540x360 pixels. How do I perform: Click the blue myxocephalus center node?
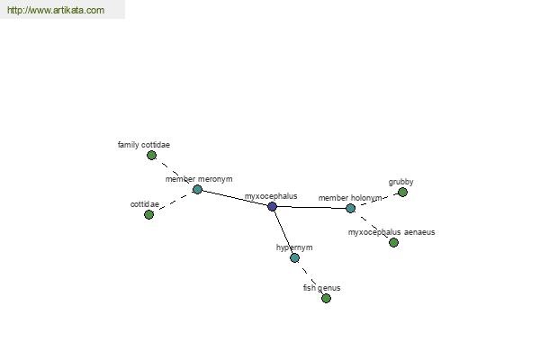point(272,206)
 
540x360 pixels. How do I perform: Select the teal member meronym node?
point(197,189)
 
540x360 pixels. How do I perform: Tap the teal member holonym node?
point(350,208)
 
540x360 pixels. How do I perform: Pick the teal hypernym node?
point(294,257)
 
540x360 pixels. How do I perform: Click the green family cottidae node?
point(151,156)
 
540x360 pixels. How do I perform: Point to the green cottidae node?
point(148,214)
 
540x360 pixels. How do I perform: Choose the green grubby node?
point(402,192)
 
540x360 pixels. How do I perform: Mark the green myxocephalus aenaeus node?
point(393,242)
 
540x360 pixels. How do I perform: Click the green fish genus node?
point(326,298)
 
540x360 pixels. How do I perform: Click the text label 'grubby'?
point(400,182)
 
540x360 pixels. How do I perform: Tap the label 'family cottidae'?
point(144,145)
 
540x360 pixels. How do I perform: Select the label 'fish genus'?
point(321,288)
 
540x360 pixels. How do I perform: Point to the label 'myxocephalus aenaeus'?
point(391,232)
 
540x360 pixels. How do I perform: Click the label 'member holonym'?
point(350,198)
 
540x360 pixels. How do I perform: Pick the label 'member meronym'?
point(199,179)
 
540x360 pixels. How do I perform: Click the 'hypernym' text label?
point(294,247)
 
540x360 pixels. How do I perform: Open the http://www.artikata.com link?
point(56,10)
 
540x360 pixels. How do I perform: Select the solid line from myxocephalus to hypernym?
point(283,232)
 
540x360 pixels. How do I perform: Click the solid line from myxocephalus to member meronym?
point(235,198)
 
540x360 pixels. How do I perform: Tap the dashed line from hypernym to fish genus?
point(310,278)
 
